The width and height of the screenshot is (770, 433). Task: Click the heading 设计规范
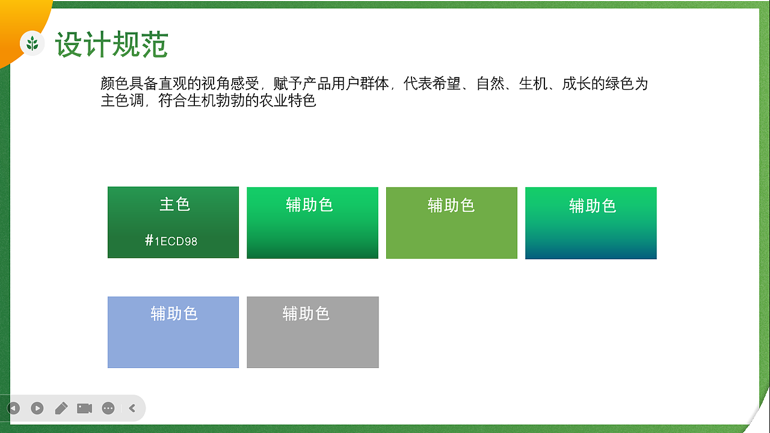point(111,45)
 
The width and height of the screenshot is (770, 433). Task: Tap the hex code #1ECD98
point(171,241)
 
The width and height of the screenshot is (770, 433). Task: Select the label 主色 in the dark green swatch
point(174,204)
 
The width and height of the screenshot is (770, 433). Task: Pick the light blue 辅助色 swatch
point(173,340)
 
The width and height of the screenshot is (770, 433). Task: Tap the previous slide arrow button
point(13,408)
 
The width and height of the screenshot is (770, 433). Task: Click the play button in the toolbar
point(37,408)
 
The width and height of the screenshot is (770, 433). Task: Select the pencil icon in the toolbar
point(61,408)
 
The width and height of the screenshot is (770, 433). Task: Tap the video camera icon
point(84,408)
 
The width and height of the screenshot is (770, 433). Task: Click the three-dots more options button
point(108,408)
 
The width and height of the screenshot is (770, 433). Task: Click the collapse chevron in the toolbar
point(132,408)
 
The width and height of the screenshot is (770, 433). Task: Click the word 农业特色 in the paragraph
point(288,100)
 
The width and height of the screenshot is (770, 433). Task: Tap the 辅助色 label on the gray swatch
point(306,313)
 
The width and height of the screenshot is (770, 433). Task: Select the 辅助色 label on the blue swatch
point(174,313)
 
